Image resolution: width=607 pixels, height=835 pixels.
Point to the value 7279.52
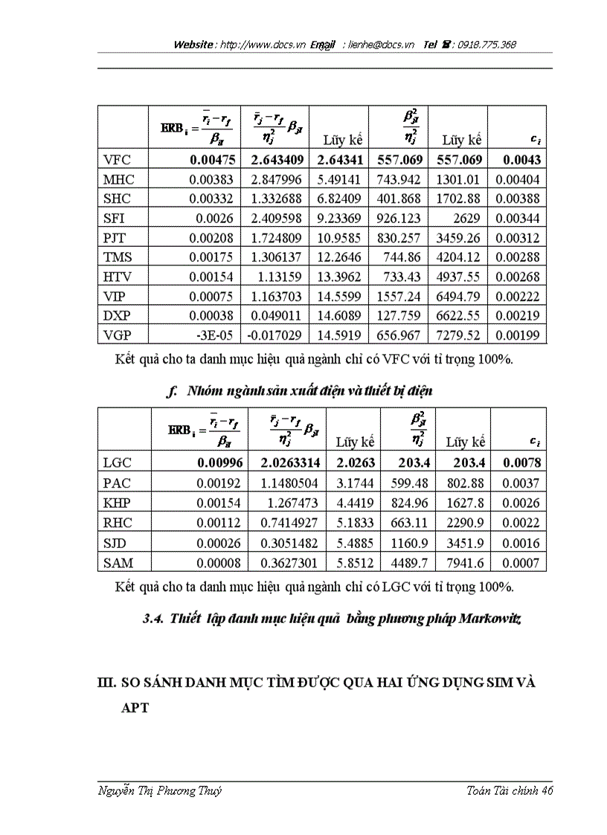tap(462, 335)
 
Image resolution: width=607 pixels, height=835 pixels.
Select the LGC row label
tap(118, 462)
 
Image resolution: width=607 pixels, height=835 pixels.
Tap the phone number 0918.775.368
tap(484, 45)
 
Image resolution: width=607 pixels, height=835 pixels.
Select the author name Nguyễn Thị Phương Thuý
tap(160, 790)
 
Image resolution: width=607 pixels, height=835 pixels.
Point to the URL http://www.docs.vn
tap(263, 45)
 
